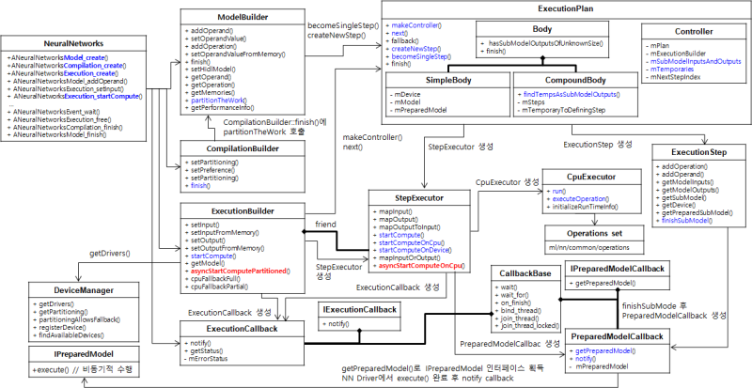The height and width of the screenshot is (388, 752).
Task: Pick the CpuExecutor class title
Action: pyautogui.click(x=590, y=177)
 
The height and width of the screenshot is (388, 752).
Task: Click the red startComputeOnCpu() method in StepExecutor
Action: pyautogui.click(x=422, y=267)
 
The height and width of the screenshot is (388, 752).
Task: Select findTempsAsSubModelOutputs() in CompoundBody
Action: pyautogui.click(x=572, y=95)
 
